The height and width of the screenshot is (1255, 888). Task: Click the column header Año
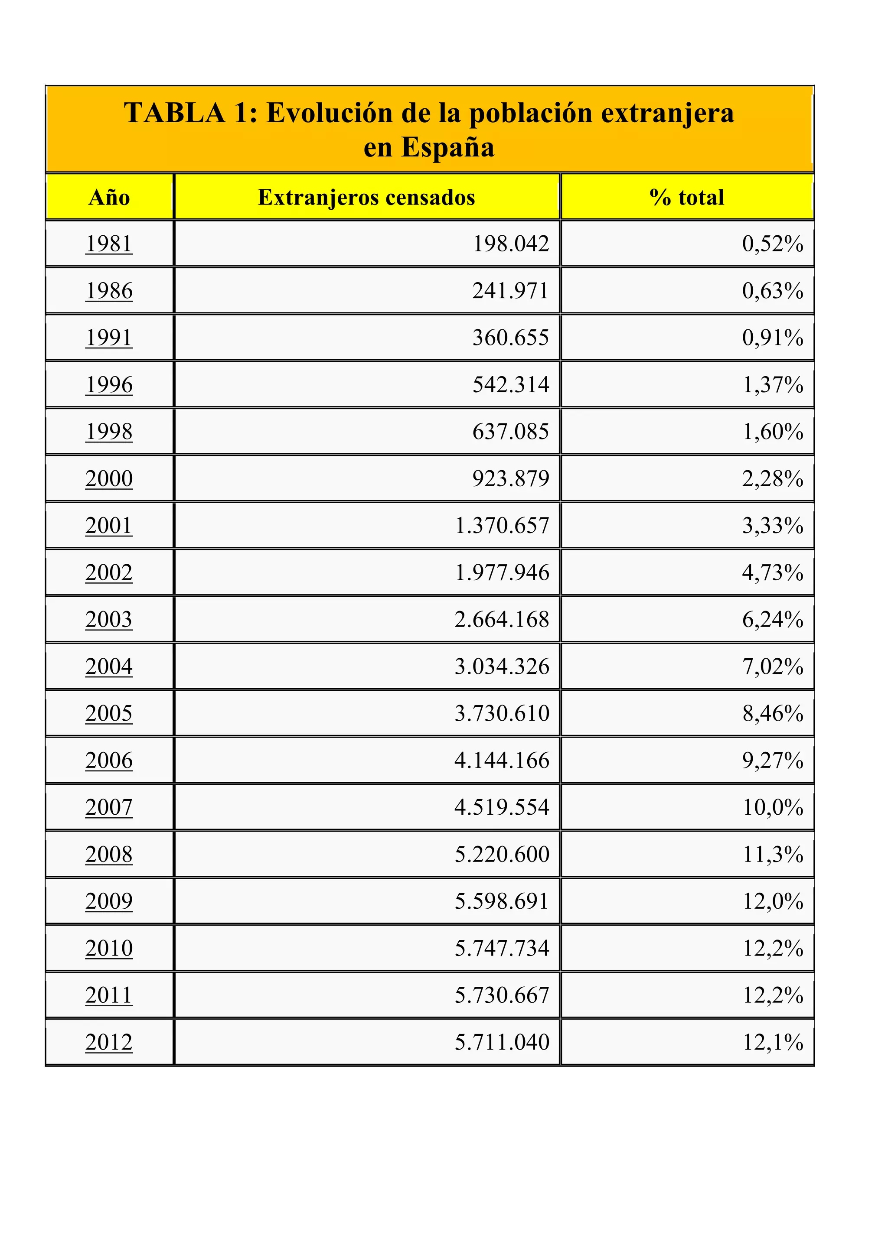pyautogui.click(x=109, y=197)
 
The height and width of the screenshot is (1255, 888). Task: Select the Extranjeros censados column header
pyautogui.click(x=366, y=197)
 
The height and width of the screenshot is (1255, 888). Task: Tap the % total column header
pyautogui.click(x=687, y=197)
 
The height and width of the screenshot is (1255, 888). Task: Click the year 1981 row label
pyautogui.click(x=109, y=244)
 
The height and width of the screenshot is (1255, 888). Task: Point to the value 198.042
pyautogui.click(x=511, y=244)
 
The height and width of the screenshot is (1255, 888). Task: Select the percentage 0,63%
pyautogui.click(x=772, y=291)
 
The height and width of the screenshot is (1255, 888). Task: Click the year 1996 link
pyautogui.click(x=109, y=385)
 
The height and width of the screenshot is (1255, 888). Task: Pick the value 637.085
pyautogui.click(x=511, y=432)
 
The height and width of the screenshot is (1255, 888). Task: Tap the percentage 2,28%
pyautogui.click(x=772, y=479)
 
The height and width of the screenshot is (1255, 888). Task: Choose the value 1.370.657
pyautogui.click(x=502, y=526)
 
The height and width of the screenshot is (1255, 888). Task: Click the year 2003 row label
pyautogui.click(x=109, y=620)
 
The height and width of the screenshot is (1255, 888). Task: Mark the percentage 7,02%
pyautogui.click(x=772, y=667)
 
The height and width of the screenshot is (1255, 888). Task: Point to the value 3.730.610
pyautogui.click(x=502, y=713)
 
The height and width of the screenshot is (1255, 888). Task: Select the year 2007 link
pyautogui.click(x=109, y=807)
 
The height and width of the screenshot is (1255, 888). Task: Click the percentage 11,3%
pyautogui.click(x=772, y=854)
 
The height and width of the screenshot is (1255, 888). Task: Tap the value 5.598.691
pyautogui.click(x=502, y=901)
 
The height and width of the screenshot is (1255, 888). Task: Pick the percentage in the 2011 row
pyautogui.click(x=772, y=995)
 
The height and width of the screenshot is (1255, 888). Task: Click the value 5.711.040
pyautogui.click(x=502, y=1042)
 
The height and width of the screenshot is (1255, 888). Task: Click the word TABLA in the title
pyautogui.click(x=174, y=113)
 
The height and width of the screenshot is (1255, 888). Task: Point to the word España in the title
pyautogui.click(x=448, y=148)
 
